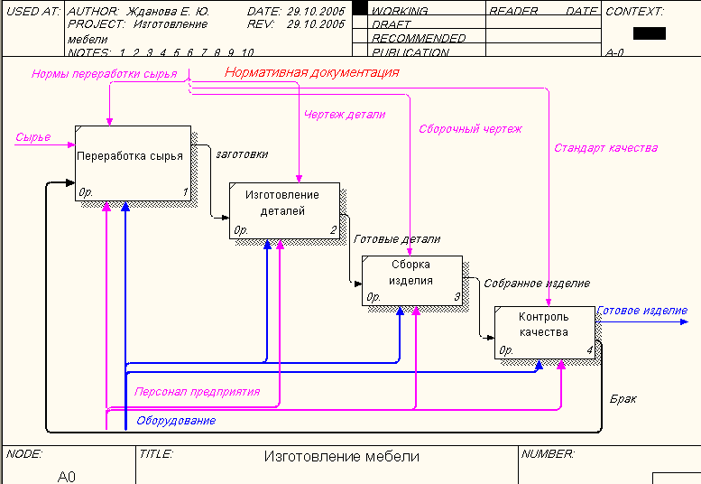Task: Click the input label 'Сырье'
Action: pos(33,138)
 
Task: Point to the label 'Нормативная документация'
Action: pos(311,72)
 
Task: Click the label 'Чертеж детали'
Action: pos(345,115)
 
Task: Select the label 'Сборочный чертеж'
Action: pos(470,129)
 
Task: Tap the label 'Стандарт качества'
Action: pos(605,147)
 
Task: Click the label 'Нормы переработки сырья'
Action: pos(104,74)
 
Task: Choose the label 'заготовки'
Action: pos(242,154)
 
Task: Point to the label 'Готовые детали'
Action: pos(397,239)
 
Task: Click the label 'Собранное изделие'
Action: pos(537,284)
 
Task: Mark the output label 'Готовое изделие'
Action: pos(642,311)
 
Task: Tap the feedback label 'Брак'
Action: pos(623,398)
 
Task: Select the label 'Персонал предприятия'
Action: pos(197,392)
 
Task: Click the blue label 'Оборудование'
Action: pos(176,421)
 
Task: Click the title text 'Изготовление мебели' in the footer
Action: pos(341,457)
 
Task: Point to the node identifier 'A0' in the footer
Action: pos(67,476)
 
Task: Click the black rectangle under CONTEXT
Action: pos(650,33)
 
